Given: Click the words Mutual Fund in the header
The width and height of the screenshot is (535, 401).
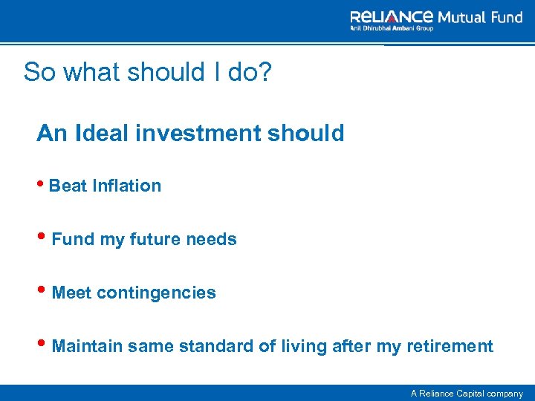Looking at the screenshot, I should [480, 16].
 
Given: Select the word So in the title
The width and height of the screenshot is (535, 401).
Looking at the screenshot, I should [38, 72].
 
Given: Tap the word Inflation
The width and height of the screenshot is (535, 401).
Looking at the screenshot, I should [127, 186].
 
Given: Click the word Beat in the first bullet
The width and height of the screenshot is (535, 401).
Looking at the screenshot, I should [68, 186].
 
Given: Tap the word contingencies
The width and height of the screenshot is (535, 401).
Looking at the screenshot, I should [156, 293].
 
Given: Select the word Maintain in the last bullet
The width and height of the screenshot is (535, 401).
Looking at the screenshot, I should [88, 346].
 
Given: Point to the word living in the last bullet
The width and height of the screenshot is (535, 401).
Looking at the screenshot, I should [299, 346].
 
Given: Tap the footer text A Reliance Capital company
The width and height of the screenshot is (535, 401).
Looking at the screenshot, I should [467, 394].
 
